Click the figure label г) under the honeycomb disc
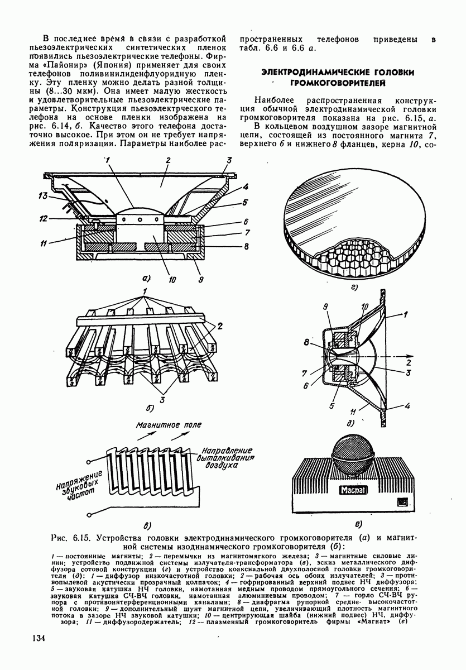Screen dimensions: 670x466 pyautogui.click(x=354, y=288)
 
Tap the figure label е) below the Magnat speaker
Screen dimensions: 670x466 pyautogui.click(x=358, y=523)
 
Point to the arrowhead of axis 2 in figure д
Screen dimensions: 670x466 pyautogui.click(x=411, y=353)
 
